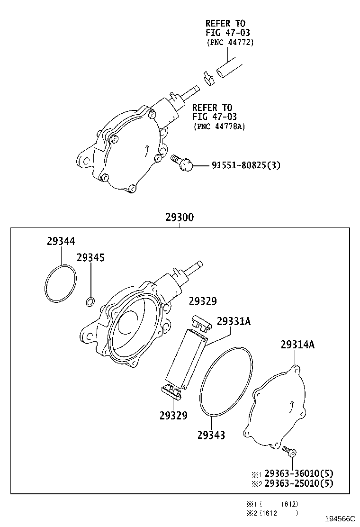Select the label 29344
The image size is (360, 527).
point(61,241)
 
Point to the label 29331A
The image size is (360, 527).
point(234,321)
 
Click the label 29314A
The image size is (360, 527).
point(297,345)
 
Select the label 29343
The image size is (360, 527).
point(211,435)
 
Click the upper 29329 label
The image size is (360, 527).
point(203,301)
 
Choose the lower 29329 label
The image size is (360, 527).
point(173,416)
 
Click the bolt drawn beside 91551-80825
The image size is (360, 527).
point(182,162)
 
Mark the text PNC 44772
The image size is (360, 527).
point(230,42)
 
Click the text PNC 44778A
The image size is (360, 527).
point(219,126)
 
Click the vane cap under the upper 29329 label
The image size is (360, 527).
point(202,323)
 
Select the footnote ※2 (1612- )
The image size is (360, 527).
point(272,512)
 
